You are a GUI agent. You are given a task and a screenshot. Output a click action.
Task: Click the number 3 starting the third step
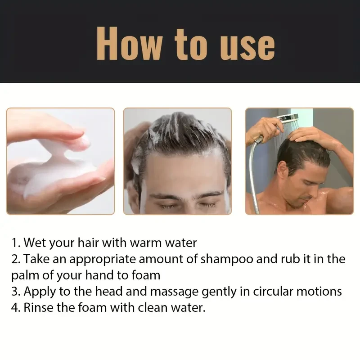15,291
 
